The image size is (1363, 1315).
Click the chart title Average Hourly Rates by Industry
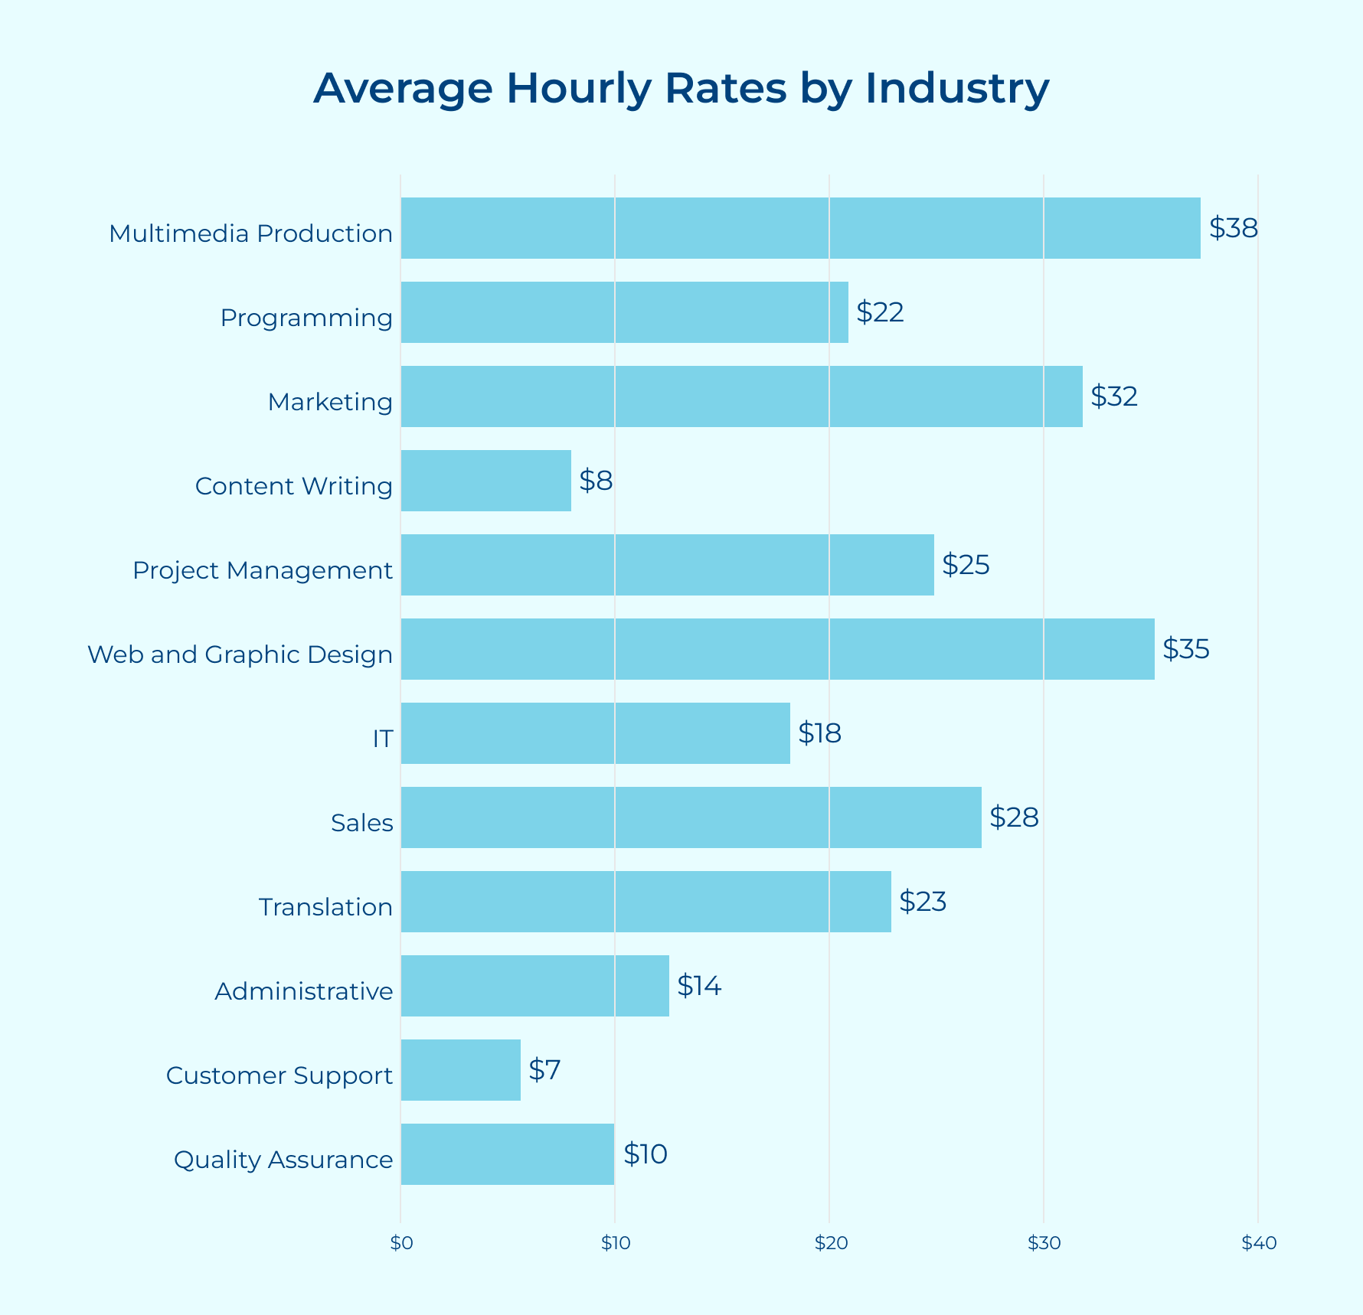tap(681, 88)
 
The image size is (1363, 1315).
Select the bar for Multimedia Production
tap(800, 228)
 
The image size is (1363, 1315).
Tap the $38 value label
tap(1233, 228)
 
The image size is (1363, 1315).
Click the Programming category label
tap(306, 318)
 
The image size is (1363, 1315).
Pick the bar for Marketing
tap(741, 396)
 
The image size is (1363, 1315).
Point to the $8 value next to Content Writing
tap(596, 481)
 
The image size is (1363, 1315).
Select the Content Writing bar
tap(485, 481)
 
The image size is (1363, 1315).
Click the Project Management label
tap(263, 570)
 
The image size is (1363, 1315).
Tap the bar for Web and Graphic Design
tap(777, 649)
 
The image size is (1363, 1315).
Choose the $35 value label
tap(1185, 649)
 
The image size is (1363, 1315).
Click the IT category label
tap(383, 739)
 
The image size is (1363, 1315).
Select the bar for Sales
tap(691, 817)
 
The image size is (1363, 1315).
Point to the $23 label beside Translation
tap(923, 902)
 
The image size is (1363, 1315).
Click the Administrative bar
tap(534, 986)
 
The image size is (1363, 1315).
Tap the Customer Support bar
tap(460, 1070)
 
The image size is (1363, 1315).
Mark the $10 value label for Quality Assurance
tap(645, 1154)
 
